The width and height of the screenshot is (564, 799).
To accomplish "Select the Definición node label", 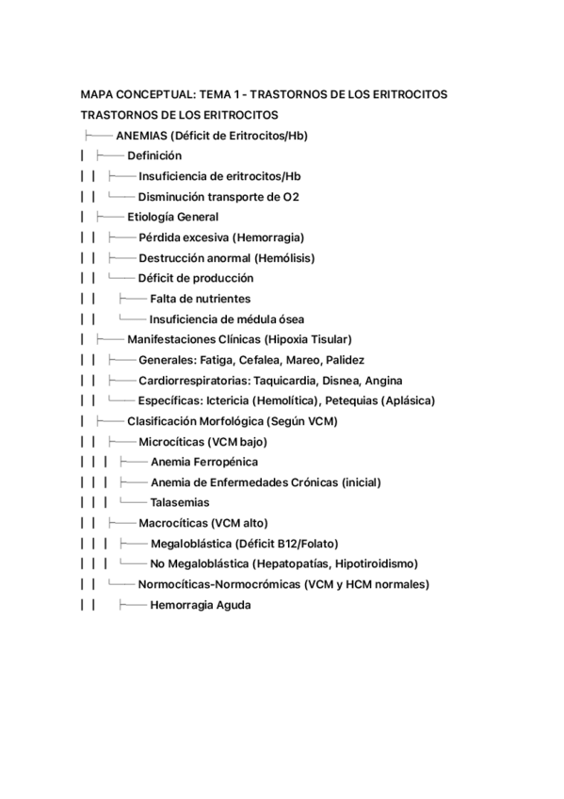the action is pyautogui.click(x=154, y=156).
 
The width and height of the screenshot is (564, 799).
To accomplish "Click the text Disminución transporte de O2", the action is pyautogui.click(x=218, y=197).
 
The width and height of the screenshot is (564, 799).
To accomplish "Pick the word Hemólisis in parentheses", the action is pyautogui.click(x=282, y=258).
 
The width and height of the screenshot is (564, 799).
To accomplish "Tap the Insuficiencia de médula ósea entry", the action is pyautogui.click(x=226, y=319).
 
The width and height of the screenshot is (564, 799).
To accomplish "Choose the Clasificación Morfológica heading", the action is pyautogui.click(x=195, y=421).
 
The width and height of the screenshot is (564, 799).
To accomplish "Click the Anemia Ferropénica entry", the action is pyautogui.click(x=203, y=462).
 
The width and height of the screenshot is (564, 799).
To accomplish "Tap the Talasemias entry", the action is pyautogui.click(x=180, y=502).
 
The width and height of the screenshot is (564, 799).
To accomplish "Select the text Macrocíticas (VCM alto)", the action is pyautogui.click(x=202, y=523).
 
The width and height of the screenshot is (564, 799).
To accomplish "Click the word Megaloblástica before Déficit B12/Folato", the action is pyautogui.click(x=194, y=544).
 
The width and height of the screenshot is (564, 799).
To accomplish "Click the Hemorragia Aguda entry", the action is pyautogui.click(x=200, y=605).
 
